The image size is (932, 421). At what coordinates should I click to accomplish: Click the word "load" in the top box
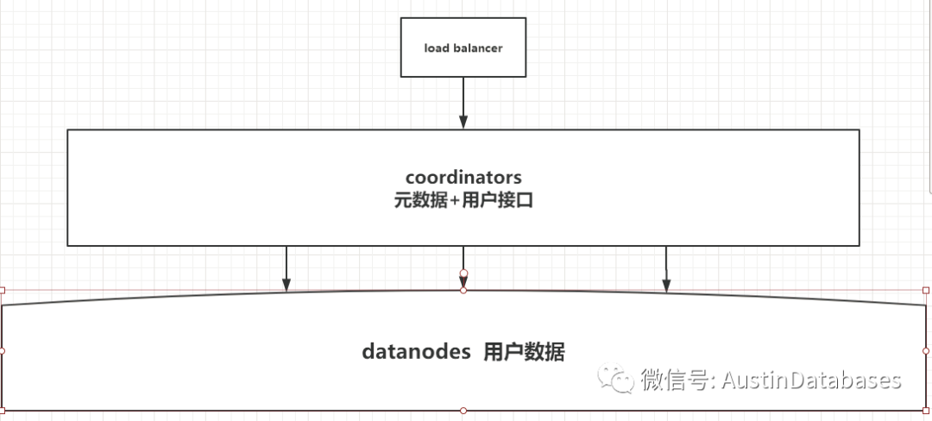point(437,48)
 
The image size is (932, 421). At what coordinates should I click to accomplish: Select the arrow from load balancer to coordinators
point(463,99)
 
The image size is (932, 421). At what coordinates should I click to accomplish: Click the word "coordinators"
point(463,178)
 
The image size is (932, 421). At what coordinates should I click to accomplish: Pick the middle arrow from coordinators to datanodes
point(463,259)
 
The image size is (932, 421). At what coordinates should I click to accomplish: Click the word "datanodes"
point(416,352)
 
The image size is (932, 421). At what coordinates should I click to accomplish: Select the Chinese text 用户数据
point(524,352)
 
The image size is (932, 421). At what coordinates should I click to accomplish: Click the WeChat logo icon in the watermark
point(619,380)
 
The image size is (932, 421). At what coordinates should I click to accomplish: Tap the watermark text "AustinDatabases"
point(811,380)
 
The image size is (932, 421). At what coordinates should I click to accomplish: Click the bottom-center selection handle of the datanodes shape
point(463,410)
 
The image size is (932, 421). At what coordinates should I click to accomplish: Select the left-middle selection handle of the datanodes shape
point(3,351)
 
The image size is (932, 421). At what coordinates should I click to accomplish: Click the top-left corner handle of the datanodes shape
point(3,291)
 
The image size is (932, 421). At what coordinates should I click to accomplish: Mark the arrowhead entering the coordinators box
point(463,123)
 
